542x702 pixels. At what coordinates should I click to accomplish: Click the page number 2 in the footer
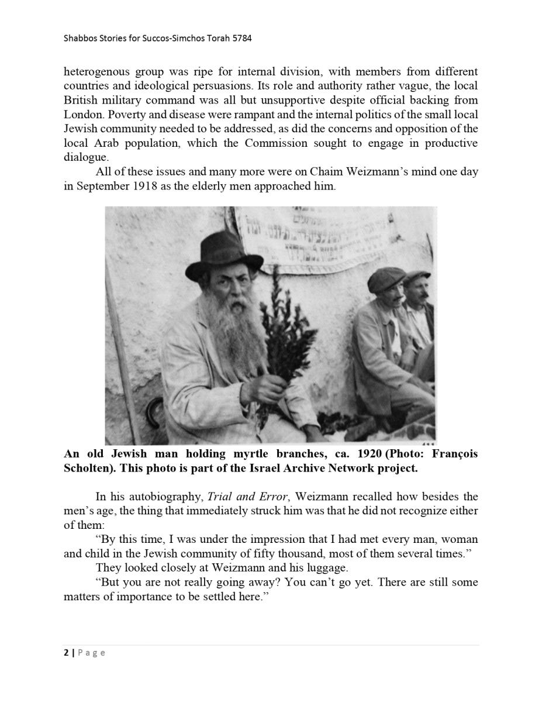pyautogui.click(x=66, y=653)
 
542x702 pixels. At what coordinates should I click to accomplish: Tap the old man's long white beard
pyautogui.click(x=232, y=328)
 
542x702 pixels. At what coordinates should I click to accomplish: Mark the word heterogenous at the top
pyautogui.click(x=96, y=72)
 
